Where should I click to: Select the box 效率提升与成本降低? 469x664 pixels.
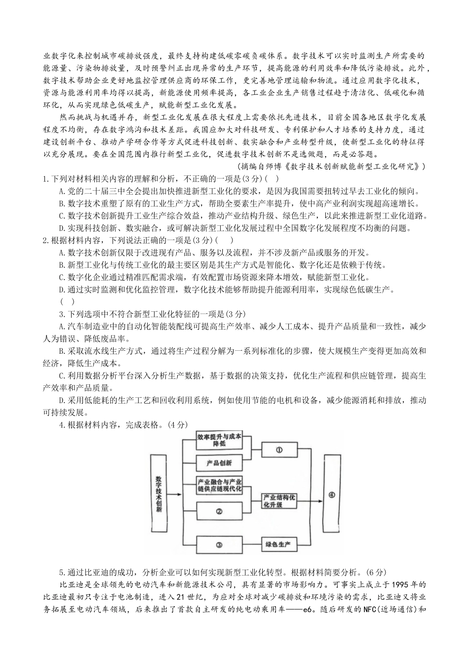[219, 440]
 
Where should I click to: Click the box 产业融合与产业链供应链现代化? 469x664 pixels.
[219, 485]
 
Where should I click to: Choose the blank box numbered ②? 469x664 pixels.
[219, 512]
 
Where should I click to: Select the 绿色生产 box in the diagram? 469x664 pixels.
[278, 545]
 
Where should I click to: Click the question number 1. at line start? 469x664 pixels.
[46, 179]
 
